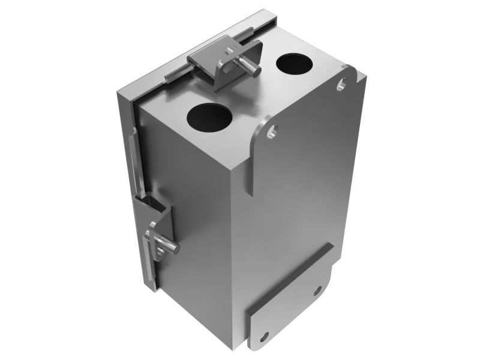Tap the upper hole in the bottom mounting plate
point(318,291)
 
